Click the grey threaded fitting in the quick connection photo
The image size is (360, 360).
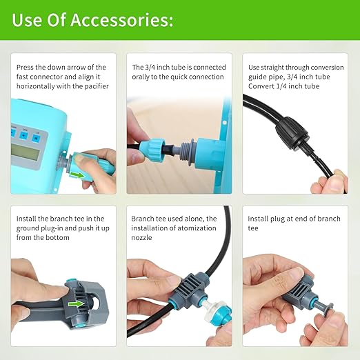tap(186, 146)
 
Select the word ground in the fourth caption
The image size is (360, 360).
tap(31, 228)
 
